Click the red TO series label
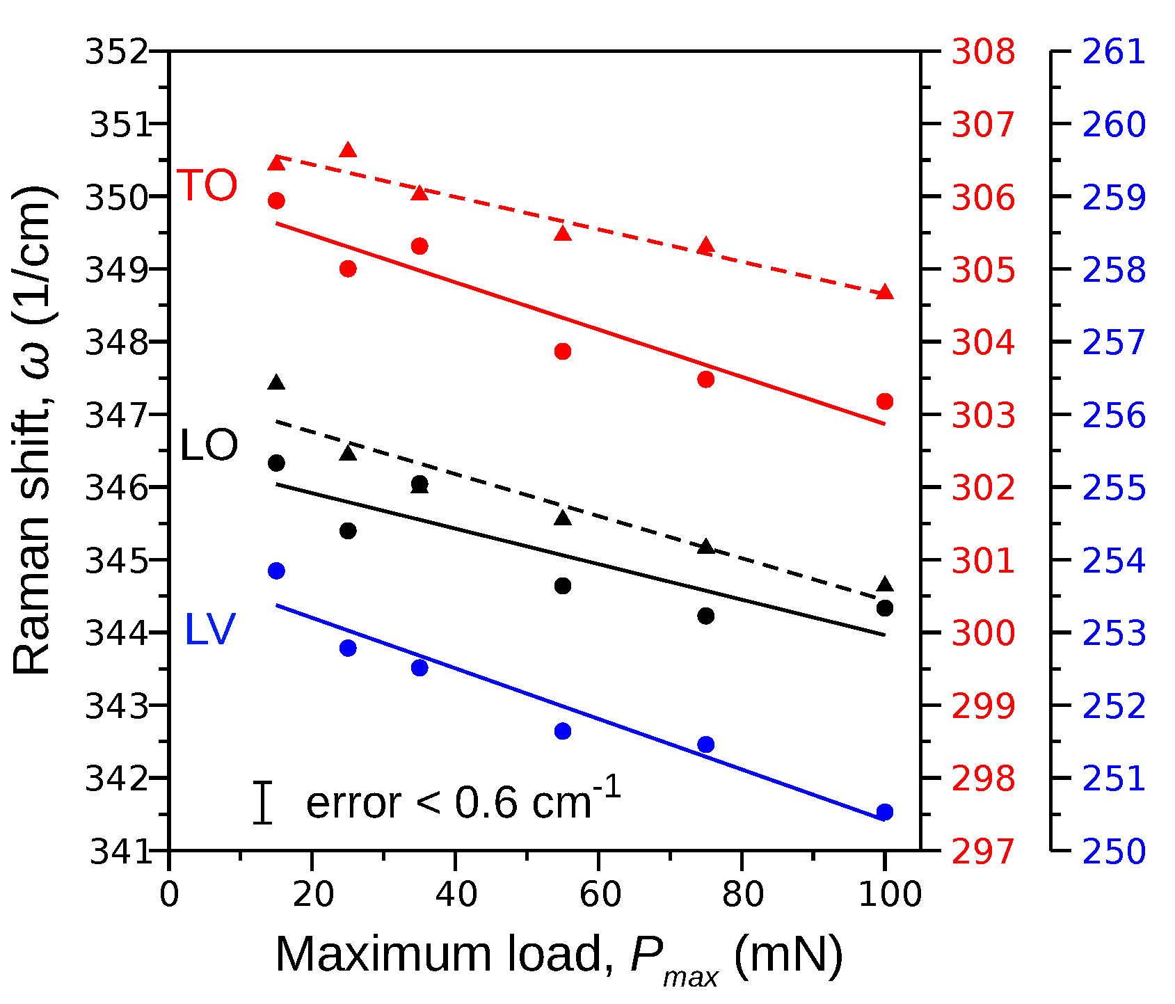pos(208,186)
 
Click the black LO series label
pos(209,446)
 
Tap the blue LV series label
pos(209,630)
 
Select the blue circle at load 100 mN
pos(884,812)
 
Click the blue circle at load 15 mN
pos(276,571)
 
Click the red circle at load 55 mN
pos(563,351)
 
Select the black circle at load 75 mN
pos(705,616)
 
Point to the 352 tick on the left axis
pos(117,52)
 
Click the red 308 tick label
pos(982,52)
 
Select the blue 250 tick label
pos(1113,851)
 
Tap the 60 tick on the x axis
pos(599,894)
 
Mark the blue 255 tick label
pos(1113,488)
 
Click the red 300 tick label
pos(982,633)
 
